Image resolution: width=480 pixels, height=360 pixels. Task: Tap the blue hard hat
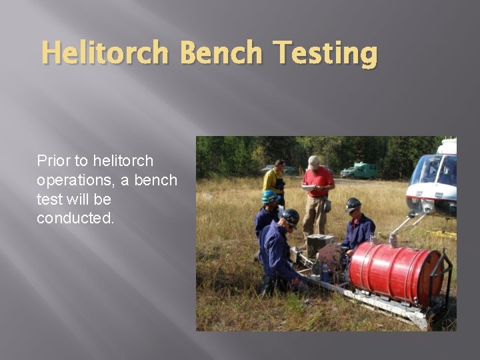270,196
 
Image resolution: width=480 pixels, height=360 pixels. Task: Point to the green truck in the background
360,171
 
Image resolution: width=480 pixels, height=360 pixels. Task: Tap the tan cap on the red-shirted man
313,161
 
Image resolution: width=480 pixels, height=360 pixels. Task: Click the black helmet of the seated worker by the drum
353,204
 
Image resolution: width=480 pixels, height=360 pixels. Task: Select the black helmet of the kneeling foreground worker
291,216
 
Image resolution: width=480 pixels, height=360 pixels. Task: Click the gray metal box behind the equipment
320,244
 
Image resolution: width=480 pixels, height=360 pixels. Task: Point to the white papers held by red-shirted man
308,188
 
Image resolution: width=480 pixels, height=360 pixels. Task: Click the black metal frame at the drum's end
437,280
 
